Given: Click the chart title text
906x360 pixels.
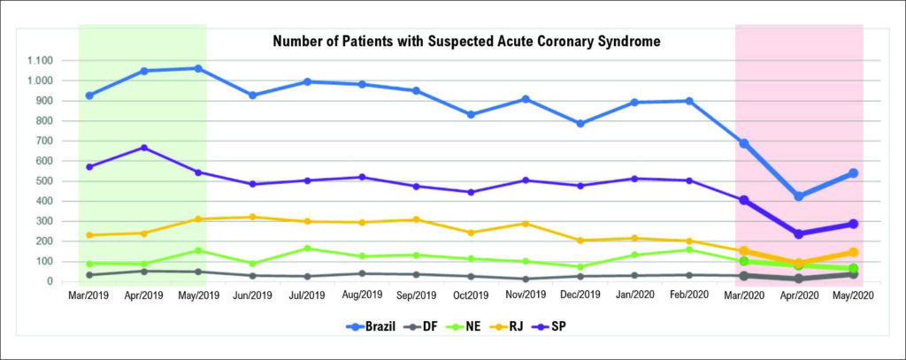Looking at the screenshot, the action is pyautogui.click(x=466, y=42).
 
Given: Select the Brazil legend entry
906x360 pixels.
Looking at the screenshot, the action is pyautogui.click(x=370, y=326).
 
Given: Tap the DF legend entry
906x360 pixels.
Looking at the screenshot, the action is pyautogui.click(x=418, y=326).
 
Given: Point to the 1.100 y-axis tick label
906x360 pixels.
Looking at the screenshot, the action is pyautogui.click(x=40, y=61).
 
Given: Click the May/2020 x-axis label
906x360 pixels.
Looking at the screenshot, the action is pyautogui.click(x=853, y=295).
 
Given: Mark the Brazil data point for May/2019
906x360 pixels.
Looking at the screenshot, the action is pyautogui.click(x=198, y=69).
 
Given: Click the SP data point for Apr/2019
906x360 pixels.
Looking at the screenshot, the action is pyautogui.click(x=144, y=148).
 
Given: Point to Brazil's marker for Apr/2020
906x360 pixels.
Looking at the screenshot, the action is pyautogui.click(x=799, y=196).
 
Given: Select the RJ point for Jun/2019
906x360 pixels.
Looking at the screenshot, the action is pyautogui.click(x=252, y=218).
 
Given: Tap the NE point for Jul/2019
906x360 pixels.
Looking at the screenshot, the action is pyautogui.click(x=307, y=249).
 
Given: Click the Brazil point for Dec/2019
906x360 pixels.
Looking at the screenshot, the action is pyautogui.click(x=580, y=124).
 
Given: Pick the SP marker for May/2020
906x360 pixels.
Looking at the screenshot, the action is pyautogui.click(x=853, y=224).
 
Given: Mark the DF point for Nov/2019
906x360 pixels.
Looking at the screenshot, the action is pyautogui.click(x=526, y=280).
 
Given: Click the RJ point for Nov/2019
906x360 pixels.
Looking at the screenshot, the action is pyautogui.click(x=526, y=224).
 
